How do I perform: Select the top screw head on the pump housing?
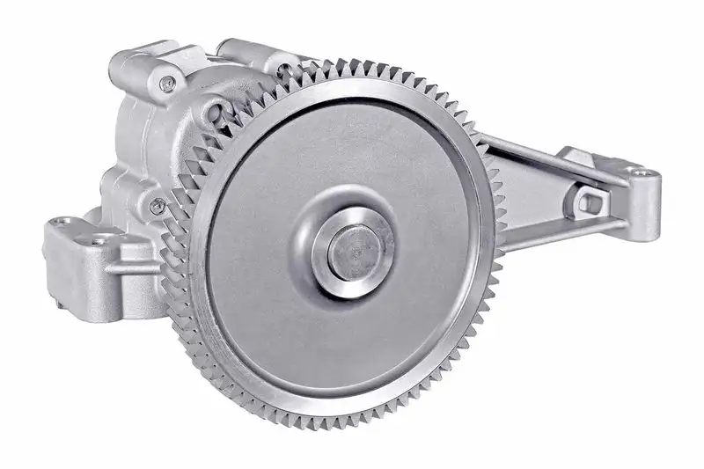point(168,84)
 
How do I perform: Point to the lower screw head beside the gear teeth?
point(158,206)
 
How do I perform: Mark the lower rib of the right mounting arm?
point(563,231)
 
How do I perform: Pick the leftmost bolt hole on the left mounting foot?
point(60,223)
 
